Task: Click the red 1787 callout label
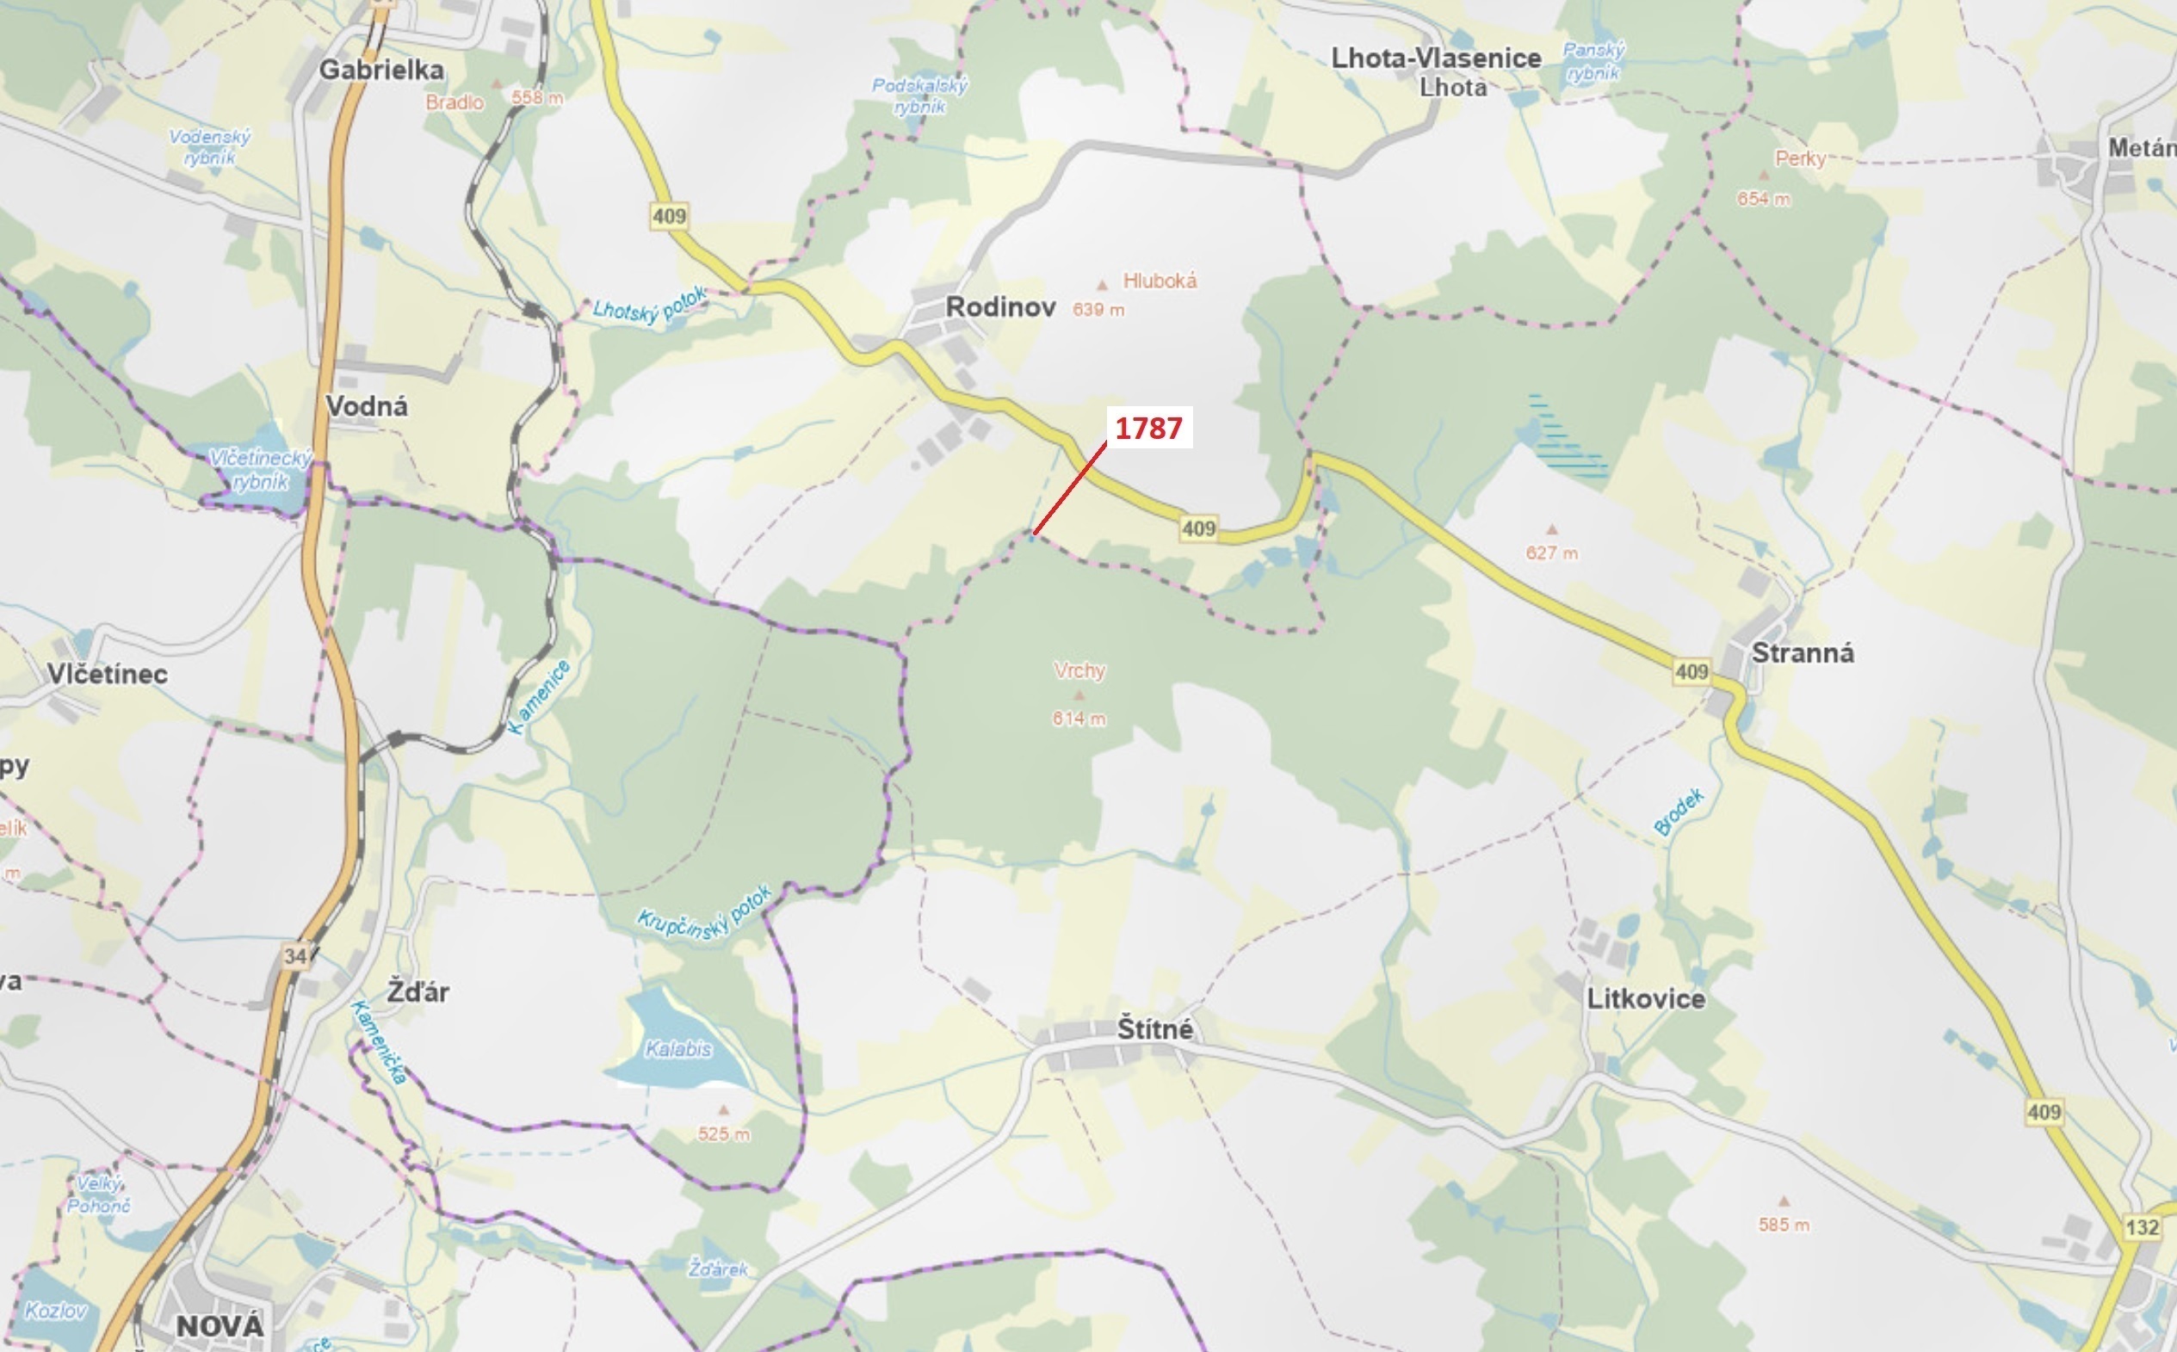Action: pos(1148,429)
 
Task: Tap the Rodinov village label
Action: pos(1000,307)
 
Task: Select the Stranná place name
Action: pos(1802,652)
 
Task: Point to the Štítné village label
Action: pos(1154,1029)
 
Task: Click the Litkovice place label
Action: pos(1646,999)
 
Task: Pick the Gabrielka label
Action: pos(381,70)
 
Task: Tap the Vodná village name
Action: pos(367,406)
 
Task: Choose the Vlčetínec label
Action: pos(108,674)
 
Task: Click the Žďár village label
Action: pos(417,991)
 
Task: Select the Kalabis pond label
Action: pos(678,1049)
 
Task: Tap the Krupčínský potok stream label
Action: pos(704,914)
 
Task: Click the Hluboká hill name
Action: pos(1160,281)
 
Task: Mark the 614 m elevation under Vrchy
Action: pos(1079,718)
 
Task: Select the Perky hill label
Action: pos(1800,159)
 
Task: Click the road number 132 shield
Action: pos(2142,1227)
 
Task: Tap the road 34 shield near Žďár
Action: pos(296,956)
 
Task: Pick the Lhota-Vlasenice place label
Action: pos(1436,59)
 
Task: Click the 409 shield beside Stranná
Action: pos(1692,671)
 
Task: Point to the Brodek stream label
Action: pos(1679,812)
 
